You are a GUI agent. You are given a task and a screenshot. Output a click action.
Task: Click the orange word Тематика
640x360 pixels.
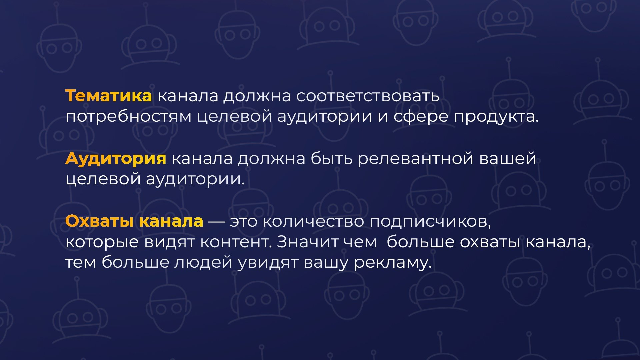pos(108,96)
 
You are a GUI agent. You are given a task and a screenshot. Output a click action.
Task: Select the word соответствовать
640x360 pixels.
pos(368,96)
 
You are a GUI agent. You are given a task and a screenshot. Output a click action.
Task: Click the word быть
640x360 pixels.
pos(332,158)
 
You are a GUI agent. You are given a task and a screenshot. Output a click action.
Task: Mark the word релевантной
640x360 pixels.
pos(416,158)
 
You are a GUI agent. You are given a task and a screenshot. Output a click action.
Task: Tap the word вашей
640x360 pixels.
pos(508,158)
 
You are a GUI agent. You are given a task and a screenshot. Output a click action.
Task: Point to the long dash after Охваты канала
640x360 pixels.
pos(216,221)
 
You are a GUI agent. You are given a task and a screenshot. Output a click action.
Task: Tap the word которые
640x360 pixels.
pos(102,242)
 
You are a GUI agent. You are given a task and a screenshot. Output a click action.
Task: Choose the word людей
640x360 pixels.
pos(203,262)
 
